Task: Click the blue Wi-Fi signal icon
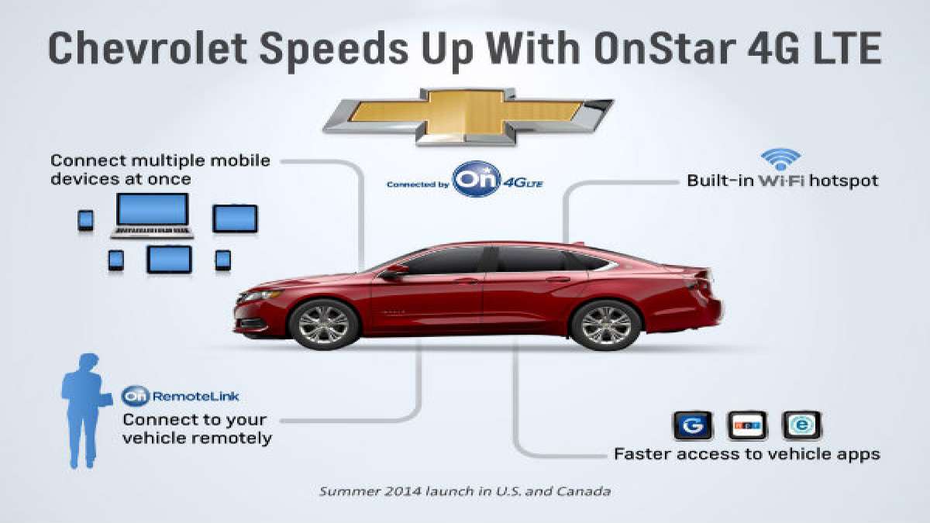coord(780,160)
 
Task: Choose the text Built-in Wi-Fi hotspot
coord(783,181)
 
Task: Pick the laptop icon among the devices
coord(152,215)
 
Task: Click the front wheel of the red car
coord(324,323)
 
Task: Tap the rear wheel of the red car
coord(605,324)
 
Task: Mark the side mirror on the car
coord(393,271)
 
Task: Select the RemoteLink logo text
coord(181,396)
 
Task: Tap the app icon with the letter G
coord(691,425)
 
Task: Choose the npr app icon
coord(747,425)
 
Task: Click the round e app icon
coord(801,425)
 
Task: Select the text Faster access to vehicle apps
coord(746,454)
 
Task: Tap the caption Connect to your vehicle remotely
coord(198,429)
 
